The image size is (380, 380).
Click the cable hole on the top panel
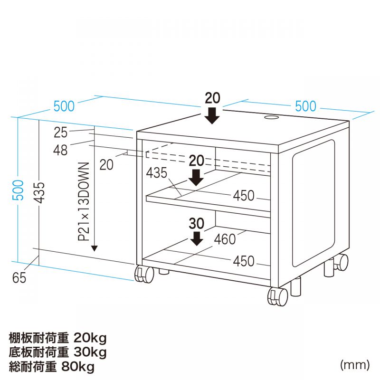(271, 118)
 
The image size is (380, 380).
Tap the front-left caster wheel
(144, 274)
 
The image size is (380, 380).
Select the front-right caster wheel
(277, 297)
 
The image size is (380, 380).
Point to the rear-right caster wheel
(341, 262)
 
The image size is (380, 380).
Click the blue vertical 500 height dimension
(18, 190)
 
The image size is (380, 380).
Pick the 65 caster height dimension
(19, 278)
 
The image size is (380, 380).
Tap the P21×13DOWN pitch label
(84, 201)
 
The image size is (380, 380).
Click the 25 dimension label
(61, 133)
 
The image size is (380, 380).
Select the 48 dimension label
(60, 150)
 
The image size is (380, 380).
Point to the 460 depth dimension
(225, 239)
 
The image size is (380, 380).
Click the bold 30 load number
(196, 223)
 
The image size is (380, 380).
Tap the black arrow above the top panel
(212, 116)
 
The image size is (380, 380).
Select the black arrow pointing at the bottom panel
(196, 239)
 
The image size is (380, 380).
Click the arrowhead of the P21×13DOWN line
(94, 248)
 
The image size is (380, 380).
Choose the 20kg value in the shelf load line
(90, 338)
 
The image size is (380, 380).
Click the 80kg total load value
(78, 367)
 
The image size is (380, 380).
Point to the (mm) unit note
(355, 365)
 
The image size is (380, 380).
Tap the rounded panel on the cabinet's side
(313, 203)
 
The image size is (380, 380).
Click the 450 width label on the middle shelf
(244, 196)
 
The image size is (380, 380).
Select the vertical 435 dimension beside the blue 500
(39, 192)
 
